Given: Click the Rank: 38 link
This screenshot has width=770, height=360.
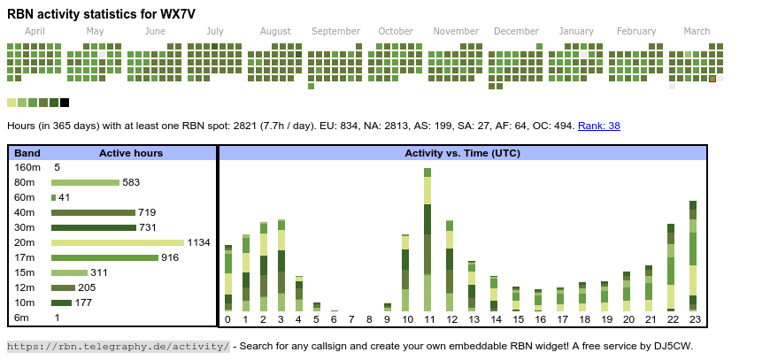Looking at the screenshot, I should tap(599, 126).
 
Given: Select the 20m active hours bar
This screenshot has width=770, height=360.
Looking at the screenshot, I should tap(118, 242).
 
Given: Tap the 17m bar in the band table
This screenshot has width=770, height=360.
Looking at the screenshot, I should tap(104, 257).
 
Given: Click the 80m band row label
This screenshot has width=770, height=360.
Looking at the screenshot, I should tap(25, 182).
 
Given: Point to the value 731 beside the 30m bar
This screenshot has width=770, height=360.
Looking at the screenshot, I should tap(149, 227).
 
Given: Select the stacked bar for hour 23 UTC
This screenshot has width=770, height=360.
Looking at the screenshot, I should tap(693, 256).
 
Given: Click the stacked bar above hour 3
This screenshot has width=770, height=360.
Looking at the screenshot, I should tap(281, 265).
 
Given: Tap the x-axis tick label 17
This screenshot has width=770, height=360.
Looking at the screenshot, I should tap(561, 319).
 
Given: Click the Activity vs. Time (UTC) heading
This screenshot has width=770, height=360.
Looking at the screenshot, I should tap(462, 153).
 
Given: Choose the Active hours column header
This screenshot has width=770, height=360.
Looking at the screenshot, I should tap(131, 153).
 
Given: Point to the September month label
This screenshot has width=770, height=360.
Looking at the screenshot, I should tap(335, 31).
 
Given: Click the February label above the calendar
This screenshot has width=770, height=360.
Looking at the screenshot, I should tap(636, 31).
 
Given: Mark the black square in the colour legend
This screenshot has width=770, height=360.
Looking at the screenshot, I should tap(65, 103).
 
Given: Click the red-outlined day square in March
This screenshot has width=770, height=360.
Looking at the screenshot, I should tap(712, 79).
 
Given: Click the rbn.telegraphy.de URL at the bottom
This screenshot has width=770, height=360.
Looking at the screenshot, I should tap(119, 345).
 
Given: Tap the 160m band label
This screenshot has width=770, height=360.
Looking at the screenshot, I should tap(27, 167).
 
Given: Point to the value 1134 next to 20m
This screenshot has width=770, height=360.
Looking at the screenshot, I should tap(198, 242).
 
